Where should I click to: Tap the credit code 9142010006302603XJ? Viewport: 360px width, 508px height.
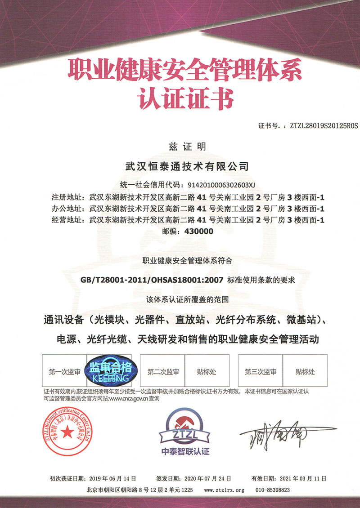[218, 184]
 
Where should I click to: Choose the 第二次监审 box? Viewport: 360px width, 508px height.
[163, 372]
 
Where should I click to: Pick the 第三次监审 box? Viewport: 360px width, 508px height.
[260, 372]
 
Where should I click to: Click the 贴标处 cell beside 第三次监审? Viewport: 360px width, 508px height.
[305, 372]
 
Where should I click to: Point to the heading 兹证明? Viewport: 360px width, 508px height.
[180, 147]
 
